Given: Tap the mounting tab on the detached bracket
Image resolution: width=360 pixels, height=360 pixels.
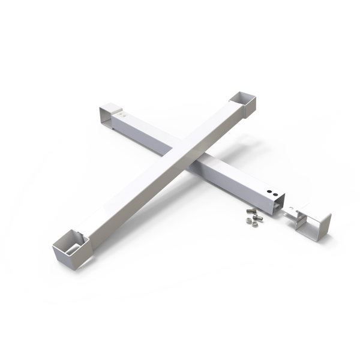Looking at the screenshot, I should pos(292,211).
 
